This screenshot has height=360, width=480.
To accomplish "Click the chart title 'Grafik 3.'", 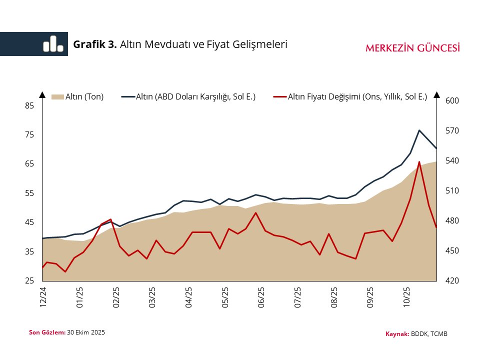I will pyautogui.click(x=95, y=44).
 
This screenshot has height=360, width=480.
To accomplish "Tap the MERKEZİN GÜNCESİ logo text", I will pyautogui.click(x=413, y=48).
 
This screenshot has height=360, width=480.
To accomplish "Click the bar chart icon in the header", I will pyautogui.click(x=53, y=44).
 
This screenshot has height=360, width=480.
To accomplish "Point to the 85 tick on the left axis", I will pyautogui.click(x=29, y=105).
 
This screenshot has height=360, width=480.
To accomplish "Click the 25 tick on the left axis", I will pyautogui.click(x=29, y=281).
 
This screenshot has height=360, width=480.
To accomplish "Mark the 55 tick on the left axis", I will pyautogui.click(x=29, y=193).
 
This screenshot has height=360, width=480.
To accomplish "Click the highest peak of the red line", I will pyautogui.click(x=419, y=161).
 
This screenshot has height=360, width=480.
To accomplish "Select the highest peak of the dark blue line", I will pyautogui.click(x=419, y=130).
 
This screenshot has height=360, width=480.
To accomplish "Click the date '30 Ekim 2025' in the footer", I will pyautogui.click(x=86, y=332).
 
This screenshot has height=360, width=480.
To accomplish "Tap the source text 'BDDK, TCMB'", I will pyautogui.click(x=429, y=333).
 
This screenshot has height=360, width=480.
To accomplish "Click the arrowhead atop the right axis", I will pyautogui.click(x=436, y=95).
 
